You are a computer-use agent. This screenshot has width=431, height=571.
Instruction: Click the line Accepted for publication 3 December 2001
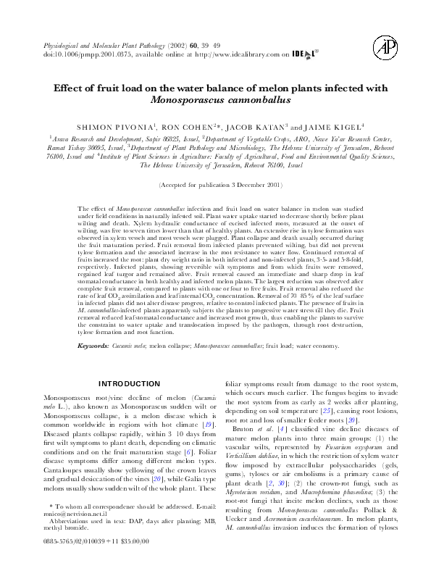coord(215,186)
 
